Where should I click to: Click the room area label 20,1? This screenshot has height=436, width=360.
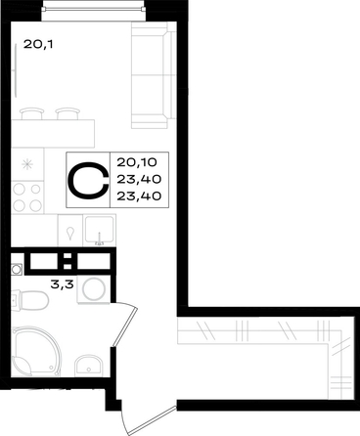[x=38, y=44]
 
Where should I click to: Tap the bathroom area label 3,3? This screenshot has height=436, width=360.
[x=62, y=284]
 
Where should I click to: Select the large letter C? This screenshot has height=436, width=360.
[x=88, y=180]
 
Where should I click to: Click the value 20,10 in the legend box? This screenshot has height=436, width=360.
[x=137, y=161]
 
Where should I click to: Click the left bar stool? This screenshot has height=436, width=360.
[x=32, y=113]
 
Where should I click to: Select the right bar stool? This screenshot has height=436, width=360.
[x=67, y=113]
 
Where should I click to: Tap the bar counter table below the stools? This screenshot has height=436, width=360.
[x=53, y=134]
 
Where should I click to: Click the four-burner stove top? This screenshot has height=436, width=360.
[x=27, y=197]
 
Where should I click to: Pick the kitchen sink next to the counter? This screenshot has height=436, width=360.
[x=100, y=230]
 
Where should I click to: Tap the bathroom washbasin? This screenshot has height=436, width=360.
[x=88, y=366]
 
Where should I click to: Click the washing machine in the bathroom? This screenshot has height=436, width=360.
[x=94, y=288]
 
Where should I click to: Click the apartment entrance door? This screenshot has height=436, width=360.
[x=149, y=419]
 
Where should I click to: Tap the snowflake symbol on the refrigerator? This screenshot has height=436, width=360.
[x=27, y=164]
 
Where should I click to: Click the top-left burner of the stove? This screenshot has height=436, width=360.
[x=20, y=189]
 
